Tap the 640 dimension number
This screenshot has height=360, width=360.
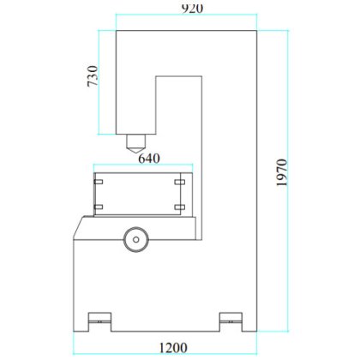point(147,159)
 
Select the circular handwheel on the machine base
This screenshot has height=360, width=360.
point(134,239)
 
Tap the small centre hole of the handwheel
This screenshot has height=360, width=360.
point(134,239)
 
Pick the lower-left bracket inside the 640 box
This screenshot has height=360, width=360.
point(99,207)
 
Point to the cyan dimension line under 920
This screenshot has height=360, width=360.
point(186,18)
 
